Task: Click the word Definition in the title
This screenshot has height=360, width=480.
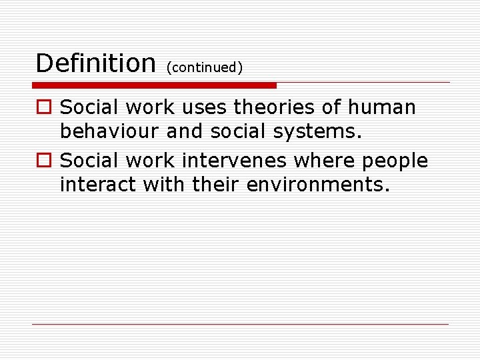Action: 95,63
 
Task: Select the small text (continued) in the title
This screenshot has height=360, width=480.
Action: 205,67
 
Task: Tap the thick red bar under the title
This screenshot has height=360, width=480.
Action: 154,85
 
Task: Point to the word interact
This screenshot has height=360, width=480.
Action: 98,185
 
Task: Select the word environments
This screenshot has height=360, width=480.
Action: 317,185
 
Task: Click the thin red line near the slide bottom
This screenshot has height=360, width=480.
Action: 240,324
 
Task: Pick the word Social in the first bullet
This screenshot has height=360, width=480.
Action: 89,107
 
